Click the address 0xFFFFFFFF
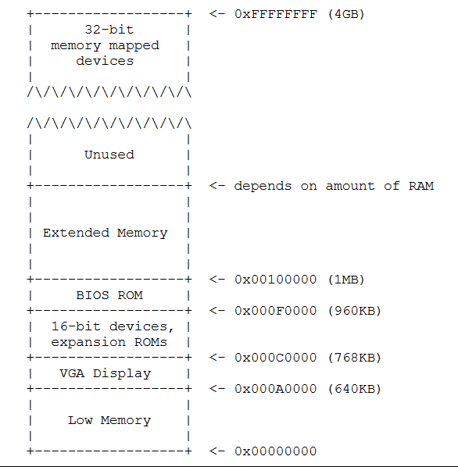pos(276,14)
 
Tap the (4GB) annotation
pos(346,14)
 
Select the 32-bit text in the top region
pos(109,30)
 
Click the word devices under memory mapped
pos(105,61)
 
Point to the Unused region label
pos(109,155)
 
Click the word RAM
pos(421,186)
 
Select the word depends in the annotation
pos(263,186)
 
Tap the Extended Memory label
pos(106,233)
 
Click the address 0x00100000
pos(275,280)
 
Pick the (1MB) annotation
pos(346,280)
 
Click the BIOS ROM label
pos(109,295)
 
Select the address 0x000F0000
pos(275,311)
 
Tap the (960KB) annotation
pos(354,311)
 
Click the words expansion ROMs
pos(109,342)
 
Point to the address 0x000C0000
pos(275,358)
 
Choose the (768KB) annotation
pos(354,358)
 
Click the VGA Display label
pos(106,373)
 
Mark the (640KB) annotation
pos(354,389)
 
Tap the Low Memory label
pos(109,420)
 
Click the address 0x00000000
pos(275,451)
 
